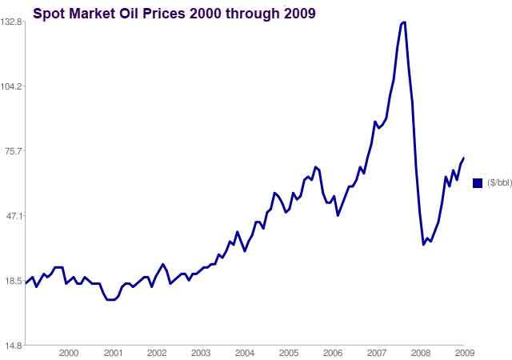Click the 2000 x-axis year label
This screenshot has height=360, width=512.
(69, 353)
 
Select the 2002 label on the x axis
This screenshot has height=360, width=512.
(157, 353)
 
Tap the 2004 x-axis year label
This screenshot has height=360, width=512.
(245, 353)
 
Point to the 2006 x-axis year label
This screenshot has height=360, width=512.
(333, 353)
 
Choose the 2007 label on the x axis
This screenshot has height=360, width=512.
(377, 353)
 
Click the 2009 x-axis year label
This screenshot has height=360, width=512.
(465, 353)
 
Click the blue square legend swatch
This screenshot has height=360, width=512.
(478, 183)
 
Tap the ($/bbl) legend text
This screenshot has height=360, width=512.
(498, 183)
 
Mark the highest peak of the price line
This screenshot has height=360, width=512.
(403, 22)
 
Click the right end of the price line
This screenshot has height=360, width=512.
(464, 158)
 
